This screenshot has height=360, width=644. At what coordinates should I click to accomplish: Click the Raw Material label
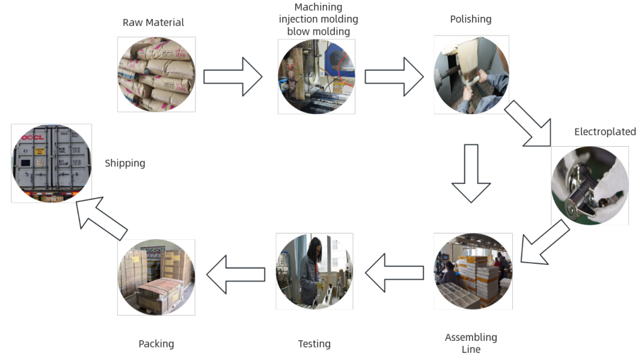coord(153,23)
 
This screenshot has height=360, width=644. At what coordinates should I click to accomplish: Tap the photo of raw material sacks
coord(156,75)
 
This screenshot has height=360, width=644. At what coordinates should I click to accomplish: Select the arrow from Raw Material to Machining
coord(233,76)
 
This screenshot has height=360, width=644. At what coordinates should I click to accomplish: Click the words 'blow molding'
coord(318,31)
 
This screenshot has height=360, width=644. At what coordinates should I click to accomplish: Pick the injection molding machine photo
coord(316,76)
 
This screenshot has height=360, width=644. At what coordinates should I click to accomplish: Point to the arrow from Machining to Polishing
coord(394,76)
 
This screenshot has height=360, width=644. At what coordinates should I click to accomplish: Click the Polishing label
coord(470,19)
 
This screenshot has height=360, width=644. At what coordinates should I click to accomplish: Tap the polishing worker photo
coord(471,75)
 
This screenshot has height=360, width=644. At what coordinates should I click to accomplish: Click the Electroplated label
coord(604,132)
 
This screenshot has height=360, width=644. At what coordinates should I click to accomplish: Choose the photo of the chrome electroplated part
coord(589,185)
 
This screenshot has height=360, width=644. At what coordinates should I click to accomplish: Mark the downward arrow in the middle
coord(471,173)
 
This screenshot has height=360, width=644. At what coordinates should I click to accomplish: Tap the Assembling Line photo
coord(473,271)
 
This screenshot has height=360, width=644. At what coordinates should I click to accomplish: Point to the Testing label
coord(314,344)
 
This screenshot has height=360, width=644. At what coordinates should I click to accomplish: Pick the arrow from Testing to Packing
coord(236,274)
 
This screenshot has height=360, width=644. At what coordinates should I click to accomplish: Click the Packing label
coord(156,344)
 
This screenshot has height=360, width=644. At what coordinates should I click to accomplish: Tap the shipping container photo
coord(52,163)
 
